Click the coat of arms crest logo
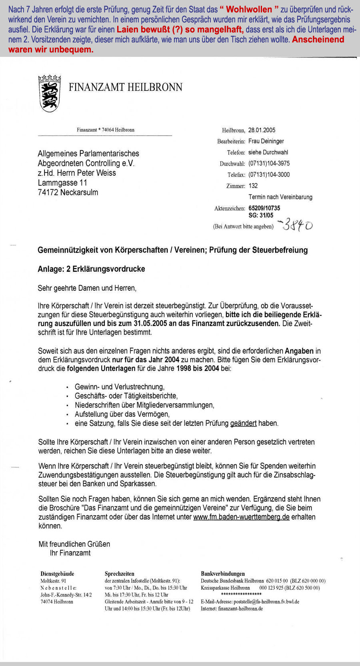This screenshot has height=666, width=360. point(50,93)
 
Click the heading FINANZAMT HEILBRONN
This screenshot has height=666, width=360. point(125,87)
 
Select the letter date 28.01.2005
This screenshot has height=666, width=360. point(262,130)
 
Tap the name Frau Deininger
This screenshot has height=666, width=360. point(266,141)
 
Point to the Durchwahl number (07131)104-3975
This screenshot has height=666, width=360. point(269,163)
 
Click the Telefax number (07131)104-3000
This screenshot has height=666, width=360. point(269,175)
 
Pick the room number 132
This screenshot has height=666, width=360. point(253,186)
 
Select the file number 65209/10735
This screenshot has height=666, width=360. point(264,208)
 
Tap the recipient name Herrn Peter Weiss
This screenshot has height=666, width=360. point(86,173)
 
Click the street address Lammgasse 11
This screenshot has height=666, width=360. point(62,183)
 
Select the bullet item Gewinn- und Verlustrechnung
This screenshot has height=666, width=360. point(120,387)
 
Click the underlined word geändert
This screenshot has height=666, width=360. point(243,423)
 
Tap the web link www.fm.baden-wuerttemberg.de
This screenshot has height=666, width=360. point(241,517)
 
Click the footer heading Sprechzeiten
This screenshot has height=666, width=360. point(119,574)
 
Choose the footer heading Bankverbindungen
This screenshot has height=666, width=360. point(223,574)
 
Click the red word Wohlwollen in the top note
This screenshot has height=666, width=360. point(249,9)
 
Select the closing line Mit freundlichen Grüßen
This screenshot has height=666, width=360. point(74,544)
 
